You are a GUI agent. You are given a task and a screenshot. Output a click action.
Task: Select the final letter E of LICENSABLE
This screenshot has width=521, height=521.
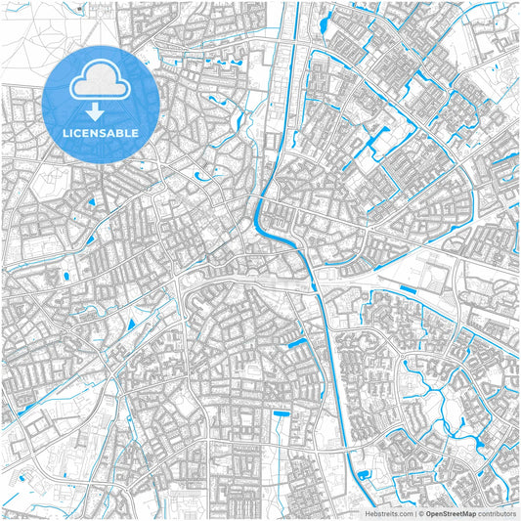[x=135, y=132]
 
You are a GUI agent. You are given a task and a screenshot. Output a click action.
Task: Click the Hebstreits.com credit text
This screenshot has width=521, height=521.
[x=385, y=512]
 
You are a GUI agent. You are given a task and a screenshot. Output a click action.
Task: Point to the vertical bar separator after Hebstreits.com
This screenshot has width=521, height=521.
[x=413, y=512]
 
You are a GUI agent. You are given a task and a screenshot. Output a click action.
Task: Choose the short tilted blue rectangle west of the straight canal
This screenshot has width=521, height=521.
[x=297, y=343]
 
